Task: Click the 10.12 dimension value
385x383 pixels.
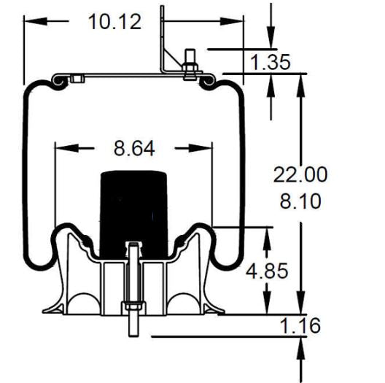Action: [x=114, y=22]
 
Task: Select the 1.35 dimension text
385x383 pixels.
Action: [x=271, y=62]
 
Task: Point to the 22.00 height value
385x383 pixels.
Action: [x=300, y=174]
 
